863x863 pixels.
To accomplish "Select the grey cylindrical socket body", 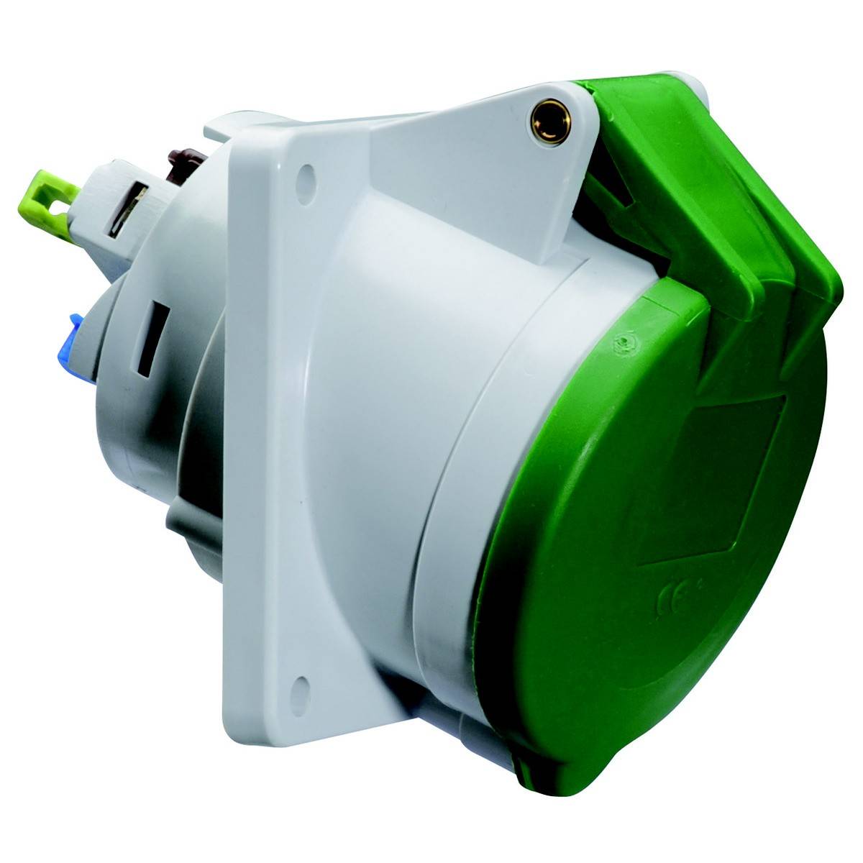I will tap(403, 431).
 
